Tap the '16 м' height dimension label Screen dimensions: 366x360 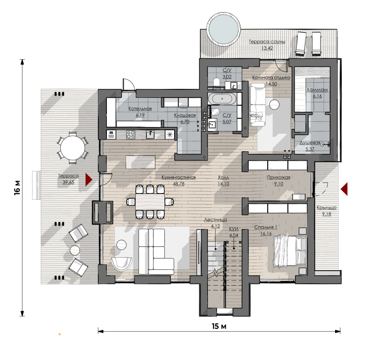click(x=17, y=188)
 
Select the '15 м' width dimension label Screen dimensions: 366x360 click(x=219, y=326)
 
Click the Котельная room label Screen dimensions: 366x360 click(x=140, y=109)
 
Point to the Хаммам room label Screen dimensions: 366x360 click(x=317, y=90)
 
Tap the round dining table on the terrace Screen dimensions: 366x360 click(x=73, y=148)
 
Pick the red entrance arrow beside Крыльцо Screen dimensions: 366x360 click(x=344, y=189)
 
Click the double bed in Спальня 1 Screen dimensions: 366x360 click(x=290, y=251)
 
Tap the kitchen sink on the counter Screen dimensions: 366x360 click(x=150, y=135)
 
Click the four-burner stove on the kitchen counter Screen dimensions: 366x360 click(x=131, y=135)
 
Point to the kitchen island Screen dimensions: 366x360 click(x=140, y=162)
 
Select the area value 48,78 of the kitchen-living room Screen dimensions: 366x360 click(x=179, y=184)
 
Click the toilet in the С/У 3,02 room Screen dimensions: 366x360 click(x=216, y=82)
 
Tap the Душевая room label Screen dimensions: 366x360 click(x=309, y=143)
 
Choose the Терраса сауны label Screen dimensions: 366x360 click(x=267, y=42)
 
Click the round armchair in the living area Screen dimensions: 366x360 click(x=121, y=264)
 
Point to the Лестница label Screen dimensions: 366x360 click(x=215, y=220)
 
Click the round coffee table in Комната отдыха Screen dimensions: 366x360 click(x=274, y=105)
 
